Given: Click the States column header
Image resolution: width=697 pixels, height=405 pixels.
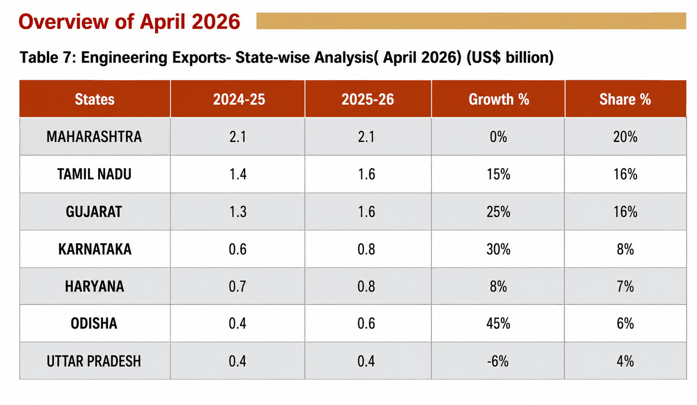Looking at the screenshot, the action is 94,99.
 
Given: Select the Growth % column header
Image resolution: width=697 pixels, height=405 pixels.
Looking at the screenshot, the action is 499,99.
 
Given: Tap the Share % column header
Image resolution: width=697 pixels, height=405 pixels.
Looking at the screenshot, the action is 625,99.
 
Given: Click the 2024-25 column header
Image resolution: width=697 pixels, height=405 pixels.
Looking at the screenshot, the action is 239,99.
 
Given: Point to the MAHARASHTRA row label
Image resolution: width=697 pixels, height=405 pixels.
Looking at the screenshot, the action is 94,137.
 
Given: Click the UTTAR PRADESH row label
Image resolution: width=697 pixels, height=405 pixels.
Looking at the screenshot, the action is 94,361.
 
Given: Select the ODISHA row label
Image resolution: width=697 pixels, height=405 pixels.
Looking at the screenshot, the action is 94,323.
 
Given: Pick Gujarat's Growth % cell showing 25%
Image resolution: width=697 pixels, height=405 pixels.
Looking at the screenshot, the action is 498,212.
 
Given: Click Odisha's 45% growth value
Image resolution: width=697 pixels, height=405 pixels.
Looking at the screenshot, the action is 498,323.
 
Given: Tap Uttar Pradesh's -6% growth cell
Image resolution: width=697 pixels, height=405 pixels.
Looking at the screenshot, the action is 498,361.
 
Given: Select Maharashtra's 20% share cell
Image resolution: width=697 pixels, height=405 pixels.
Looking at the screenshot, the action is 625,137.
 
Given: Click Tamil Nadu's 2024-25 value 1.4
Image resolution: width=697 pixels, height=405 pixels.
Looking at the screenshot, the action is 238,174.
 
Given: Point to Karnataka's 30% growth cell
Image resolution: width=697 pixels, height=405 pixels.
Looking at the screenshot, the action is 498,249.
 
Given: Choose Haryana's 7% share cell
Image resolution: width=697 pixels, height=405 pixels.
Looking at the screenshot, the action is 625,286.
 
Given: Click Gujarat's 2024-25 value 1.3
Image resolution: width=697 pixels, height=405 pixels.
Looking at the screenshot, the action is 238,212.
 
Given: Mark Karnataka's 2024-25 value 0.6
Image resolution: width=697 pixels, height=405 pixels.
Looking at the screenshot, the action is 238,249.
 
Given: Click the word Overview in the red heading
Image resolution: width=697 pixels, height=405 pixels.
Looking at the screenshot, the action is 64,22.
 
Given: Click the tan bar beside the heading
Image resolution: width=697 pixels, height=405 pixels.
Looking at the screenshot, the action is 471,21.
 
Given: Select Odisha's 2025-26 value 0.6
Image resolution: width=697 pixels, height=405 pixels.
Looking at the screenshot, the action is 366,323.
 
